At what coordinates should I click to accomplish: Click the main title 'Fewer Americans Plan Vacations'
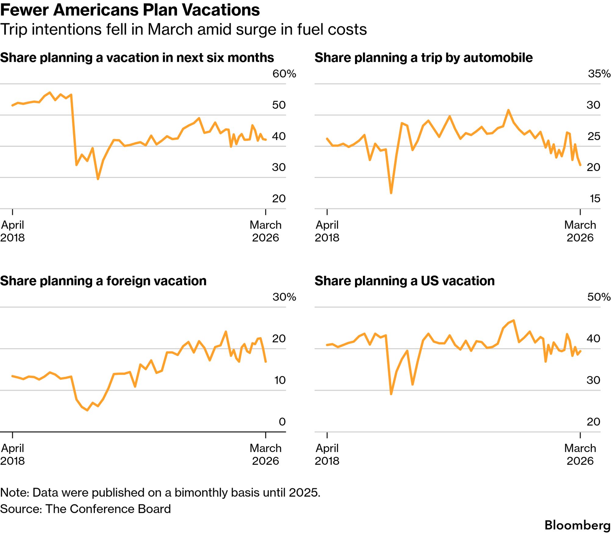tap(130, 10)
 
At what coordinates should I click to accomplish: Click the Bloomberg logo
tap(577, 525)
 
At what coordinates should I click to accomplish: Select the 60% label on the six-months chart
tap(284, 74)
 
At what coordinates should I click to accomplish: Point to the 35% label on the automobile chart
tap(599, 74)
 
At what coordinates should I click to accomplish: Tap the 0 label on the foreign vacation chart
tap(282, 422)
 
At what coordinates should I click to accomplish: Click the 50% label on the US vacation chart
tap(598, 297)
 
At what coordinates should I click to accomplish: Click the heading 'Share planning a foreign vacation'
tap(103, 281)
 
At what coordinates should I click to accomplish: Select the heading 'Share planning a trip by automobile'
tap(423, 58)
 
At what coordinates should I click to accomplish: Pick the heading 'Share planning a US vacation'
tap(404, 281)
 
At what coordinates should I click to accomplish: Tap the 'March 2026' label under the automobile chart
tap(580, 231)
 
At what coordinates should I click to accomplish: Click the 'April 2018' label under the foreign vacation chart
tap(13, 454)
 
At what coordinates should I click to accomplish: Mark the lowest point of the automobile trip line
tap(391, 193)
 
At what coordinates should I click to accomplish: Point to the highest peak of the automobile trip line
tap(508, 110)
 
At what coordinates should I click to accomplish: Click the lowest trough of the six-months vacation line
tap(98, 179)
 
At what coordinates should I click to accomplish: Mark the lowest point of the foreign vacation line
tap(88, 410)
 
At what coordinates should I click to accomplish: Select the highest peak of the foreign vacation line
tap(226, 331)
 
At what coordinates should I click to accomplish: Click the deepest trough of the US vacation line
tap(391, 394)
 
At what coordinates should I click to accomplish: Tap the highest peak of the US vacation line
tap(514, 320)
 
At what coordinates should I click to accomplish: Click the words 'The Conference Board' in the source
tap(108, 509)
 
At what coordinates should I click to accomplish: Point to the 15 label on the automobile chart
tap(595, 198)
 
